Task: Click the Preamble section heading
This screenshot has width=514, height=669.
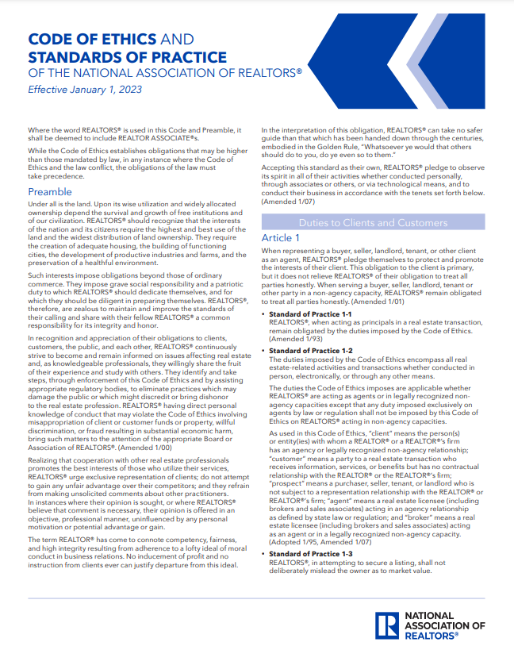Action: pyautogui.click(x=50, y=192)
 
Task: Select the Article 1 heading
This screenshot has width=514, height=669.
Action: pyautogui.click(x=281, y=237)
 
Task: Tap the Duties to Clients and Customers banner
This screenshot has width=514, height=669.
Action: pyautogui.click(x=373, y=223)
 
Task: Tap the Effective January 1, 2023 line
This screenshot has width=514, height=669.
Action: pyautogui.click(x=85, y=90)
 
